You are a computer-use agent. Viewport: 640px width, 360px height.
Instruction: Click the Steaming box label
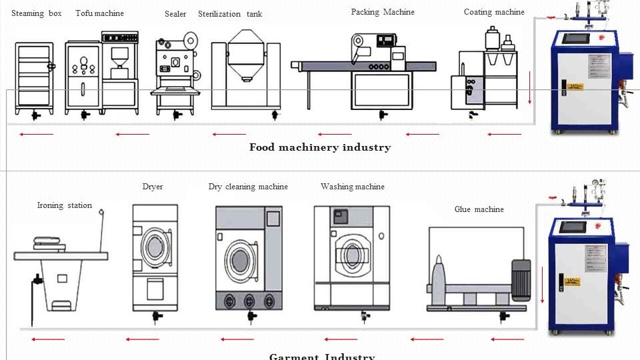(37, 13)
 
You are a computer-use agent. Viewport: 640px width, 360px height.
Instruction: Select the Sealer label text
(175, 14)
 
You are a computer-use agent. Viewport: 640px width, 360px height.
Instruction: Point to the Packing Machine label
(383, 12)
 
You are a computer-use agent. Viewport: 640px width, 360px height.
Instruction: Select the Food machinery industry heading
(320, 147)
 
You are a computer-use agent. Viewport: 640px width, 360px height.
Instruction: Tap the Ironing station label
(65, 205)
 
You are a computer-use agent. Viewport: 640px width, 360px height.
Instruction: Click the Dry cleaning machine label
(248, 187)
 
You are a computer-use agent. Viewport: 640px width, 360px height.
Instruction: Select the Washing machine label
(353, 187)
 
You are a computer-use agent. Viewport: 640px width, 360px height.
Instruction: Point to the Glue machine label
(479, 209)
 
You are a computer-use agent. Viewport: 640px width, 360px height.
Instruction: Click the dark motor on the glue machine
(521, 279)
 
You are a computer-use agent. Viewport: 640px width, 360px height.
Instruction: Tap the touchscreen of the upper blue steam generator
(573, 39)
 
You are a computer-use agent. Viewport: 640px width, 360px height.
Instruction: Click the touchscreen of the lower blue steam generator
(573, 227)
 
